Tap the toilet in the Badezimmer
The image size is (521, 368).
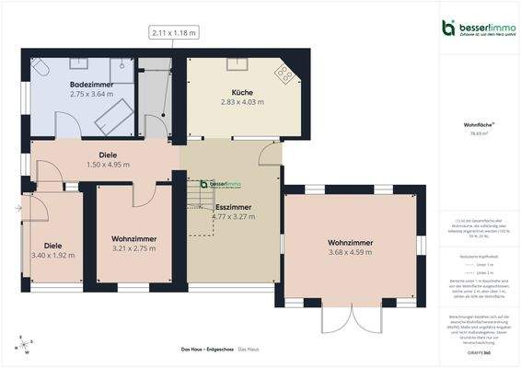click(x=41, y=69)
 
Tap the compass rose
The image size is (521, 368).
click(x=24, y=346)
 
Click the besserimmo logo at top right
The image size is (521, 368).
click(x=475, y=28)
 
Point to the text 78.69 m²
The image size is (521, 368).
click(x=478, y=133)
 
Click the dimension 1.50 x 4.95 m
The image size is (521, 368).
click(x=107, y=165)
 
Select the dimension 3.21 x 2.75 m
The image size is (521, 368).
click(x=133, y=248)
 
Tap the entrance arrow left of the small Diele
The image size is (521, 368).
click(x=17, y=210)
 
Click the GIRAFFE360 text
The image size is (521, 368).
click(x=478, y=353)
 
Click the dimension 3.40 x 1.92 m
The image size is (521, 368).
click(x=52, y=256)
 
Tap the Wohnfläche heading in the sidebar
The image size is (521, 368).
click(x=478, y=123)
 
